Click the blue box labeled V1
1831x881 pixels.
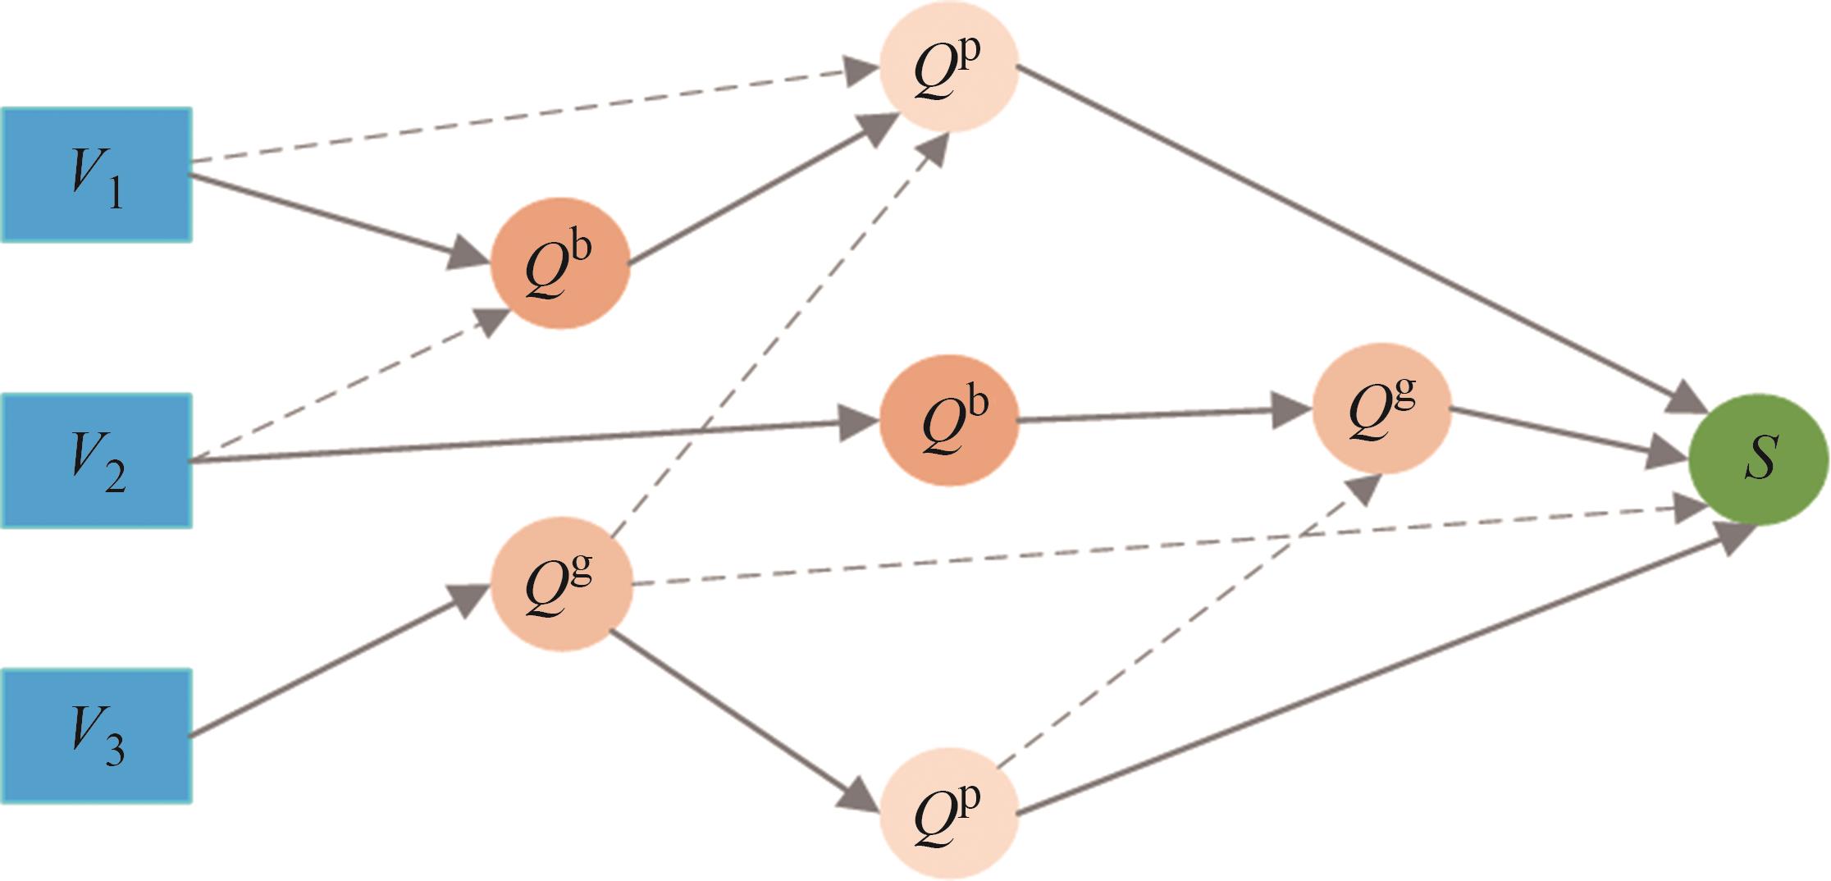point(96,174)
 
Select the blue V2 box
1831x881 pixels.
point(96,460)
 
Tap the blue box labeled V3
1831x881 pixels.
point(96,736)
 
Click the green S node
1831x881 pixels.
point(1758,460)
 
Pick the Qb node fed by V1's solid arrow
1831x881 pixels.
point(560,262)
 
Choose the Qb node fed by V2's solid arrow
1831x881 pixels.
point(948,420)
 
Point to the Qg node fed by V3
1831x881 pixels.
point(561,583)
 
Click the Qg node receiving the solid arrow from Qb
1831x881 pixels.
point(1381,409)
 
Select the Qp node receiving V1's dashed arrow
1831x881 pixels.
point(948,71)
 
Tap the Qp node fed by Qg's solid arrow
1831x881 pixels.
point(948,812)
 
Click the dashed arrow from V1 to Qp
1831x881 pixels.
point(525,116)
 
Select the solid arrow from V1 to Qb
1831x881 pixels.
point(328,216)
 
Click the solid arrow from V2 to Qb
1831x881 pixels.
point(525,443)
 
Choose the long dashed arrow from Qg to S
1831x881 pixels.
point(1148,548)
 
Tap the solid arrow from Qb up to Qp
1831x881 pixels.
point(755,194)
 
